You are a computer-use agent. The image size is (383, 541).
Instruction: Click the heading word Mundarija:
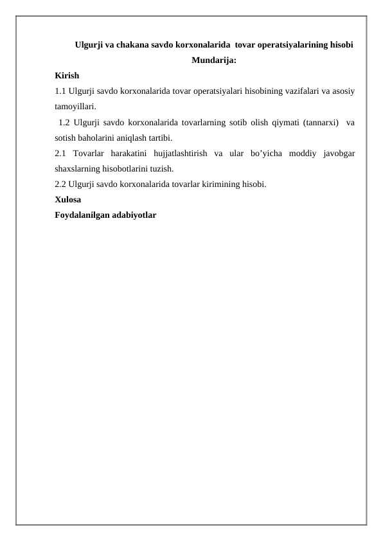[x=214, y=61]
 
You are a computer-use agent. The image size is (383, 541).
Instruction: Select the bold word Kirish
[x=67, y=76]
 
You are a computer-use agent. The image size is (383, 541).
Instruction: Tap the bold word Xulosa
[x=68, y=199]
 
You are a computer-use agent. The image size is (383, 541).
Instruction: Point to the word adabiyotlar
[x=136, y=215]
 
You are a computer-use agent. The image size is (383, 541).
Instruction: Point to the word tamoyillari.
[x=75, y=107]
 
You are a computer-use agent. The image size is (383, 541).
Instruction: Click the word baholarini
[x=98, y=137]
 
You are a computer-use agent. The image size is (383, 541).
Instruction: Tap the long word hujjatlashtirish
[x=184, y=153]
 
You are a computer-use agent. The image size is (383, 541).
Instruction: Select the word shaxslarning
[x=78, y=168]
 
